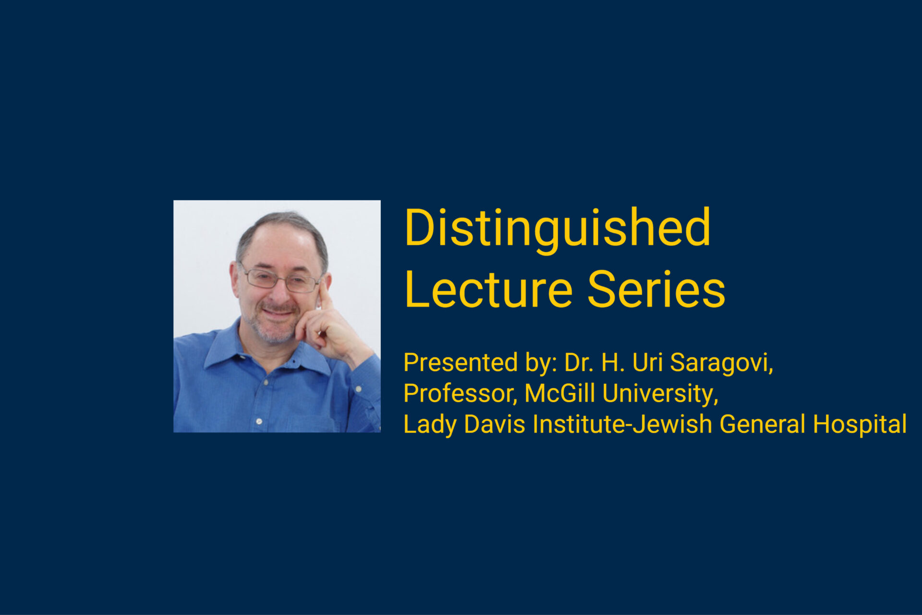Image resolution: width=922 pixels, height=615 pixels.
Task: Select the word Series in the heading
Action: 656,289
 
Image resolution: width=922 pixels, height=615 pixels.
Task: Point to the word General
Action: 763,424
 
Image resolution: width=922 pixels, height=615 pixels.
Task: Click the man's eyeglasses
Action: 281,279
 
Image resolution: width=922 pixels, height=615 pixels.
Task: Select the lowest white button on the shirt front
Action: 259,421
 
